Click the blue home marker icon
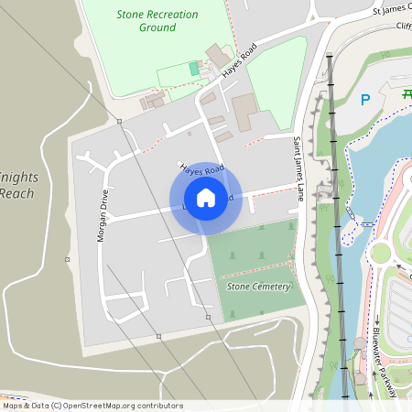click(x=206, y=197)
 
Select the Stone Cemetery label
click(x=259, y=287)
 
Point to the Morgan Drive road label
click(x=103, y=215)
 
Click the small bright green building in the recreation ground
click(x=193, y=68)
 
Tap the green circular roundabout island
click(x=380, y=253)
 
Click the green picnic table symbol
click(x=407, y=93)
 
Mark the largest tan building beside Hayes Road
click(x=244, y=112)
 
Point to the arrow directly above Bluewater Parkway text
click(x=376, y=321)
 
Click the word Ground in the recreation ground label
click(x=157, y=27)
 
